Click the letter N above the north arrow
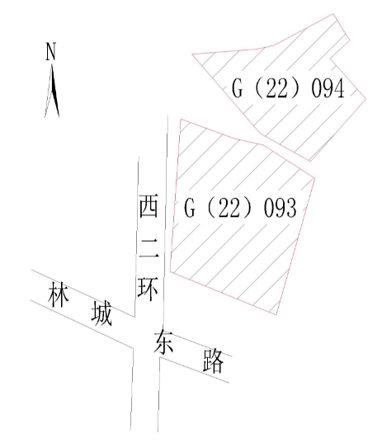(x=51, y=51)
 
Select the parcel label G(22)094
(x=288, y=88)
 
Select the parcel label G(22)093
(x=240, y=208)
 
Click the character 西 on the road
(x=149, y=205)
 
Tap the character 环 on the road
(x=148, y=289)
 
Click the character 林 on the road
(x=59, y=295)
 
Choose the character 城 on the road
(x=101, y=313)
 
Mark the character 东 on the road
(x=163, y=342)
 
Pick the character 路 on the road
(x=214, y=361)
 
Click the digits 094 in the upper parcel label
(x=328, y=88)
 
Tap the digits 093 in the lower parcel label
(x=281, y=208)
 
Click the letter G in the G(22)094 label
(x=237, y=88)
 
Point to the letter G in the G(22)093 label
(x=189, y=208)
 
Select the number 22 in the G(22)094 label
(x=276, y=88)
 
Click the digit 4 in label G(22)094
(x=340, y=88)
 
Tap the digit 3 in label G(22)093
(x=292, y=208)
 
